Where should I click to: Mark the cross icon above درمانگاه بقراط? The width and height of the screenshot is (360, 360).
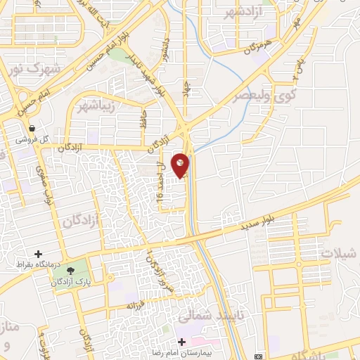click(x=38, y=254)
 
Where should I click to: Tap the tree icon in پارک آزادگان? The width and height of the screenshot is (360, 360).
click(x=70, y=270)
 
